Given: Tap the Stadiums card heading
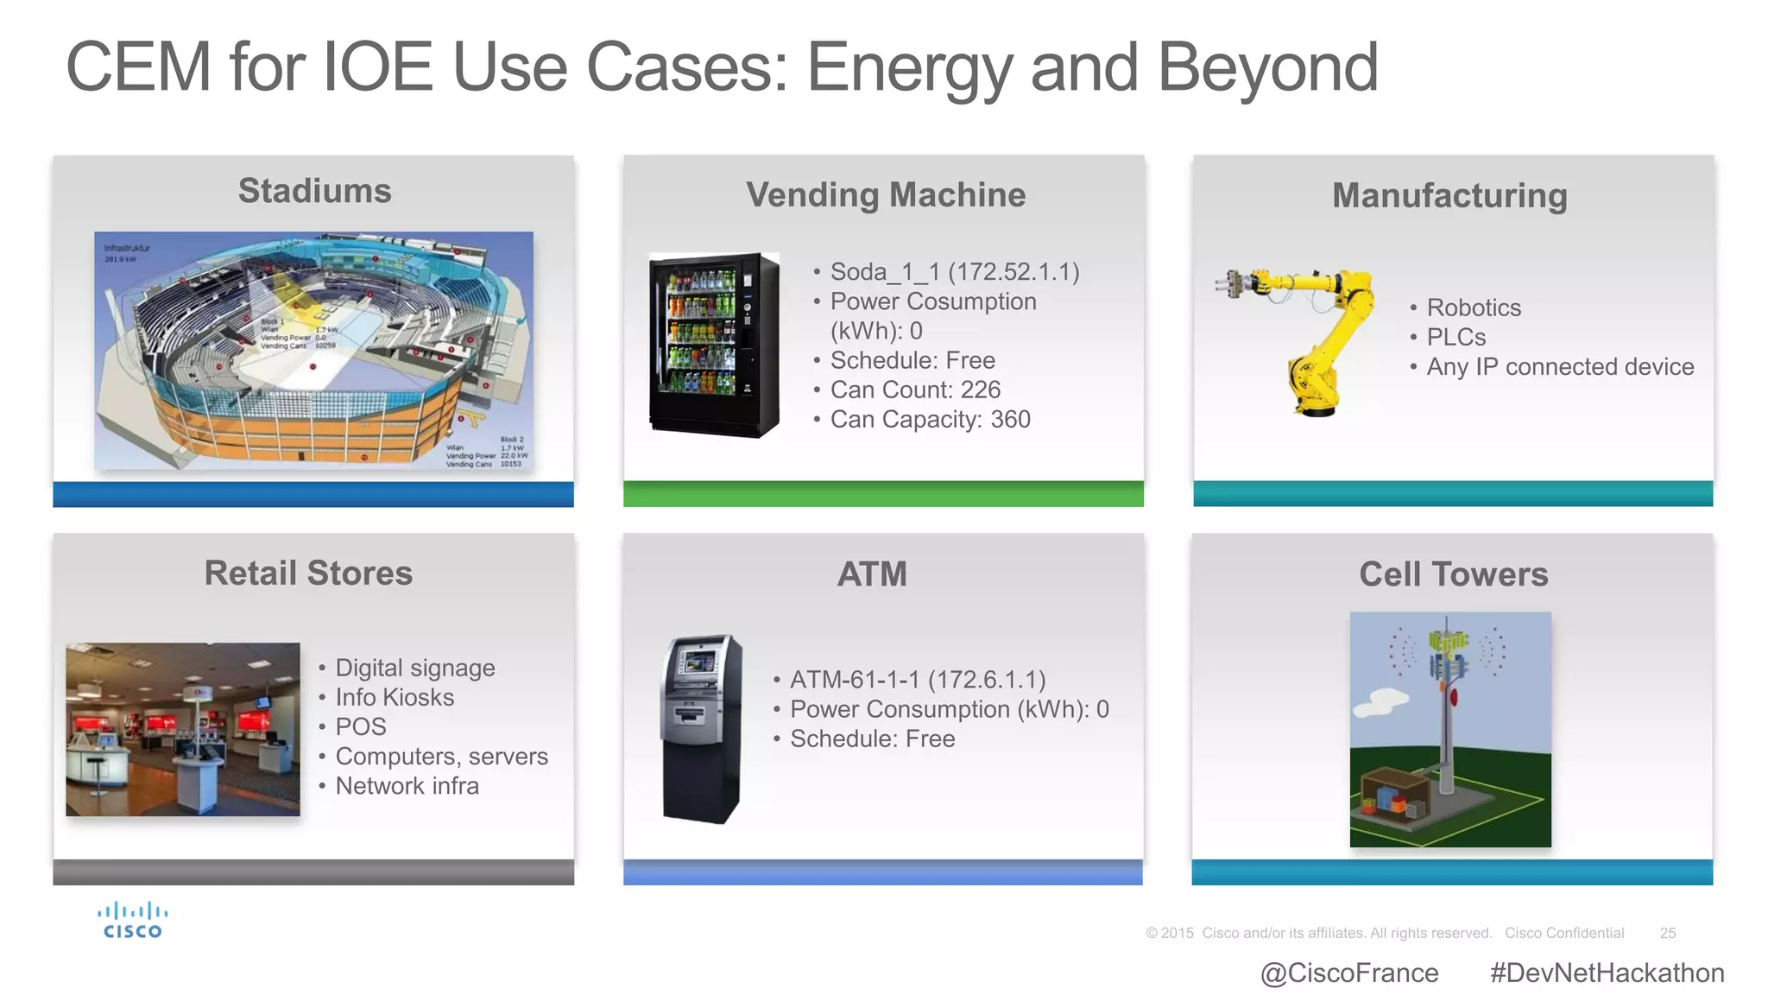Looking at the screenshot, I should point(314,191).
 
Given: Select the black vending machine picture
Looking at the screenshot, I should point(714,345).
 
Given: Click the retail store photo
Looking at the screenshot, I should point(183,729).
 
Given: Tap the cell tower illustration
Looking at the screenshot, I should point(1449,729).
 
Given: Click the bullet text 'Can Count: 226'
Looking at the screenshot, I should point(915,390).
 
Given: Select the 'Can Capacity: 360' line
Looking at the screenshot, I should point(930,420).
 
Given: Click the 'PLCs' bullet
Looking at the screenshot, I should point(1455,338).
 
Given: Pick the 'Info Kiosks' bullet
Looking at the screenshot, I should point(395,698).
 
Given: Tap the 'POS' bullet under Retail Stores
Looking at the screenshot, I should point(361,727).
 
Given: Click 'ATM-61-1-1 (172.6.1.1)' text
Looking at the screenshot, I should point(918,681).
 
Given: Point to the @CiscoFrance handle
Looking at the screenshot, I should point(1349,973).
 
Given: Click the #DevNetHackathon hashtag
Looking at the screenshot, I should point(1607,973).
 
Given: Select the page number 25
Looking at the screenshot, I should point(1667,934).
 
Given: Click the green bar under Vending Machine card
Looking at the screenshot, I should point(883,494).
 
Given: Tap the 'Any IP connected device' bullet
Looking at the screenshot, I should point(1560,367).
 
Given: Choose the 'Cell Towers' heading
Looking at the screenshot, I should point(1453,575).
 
